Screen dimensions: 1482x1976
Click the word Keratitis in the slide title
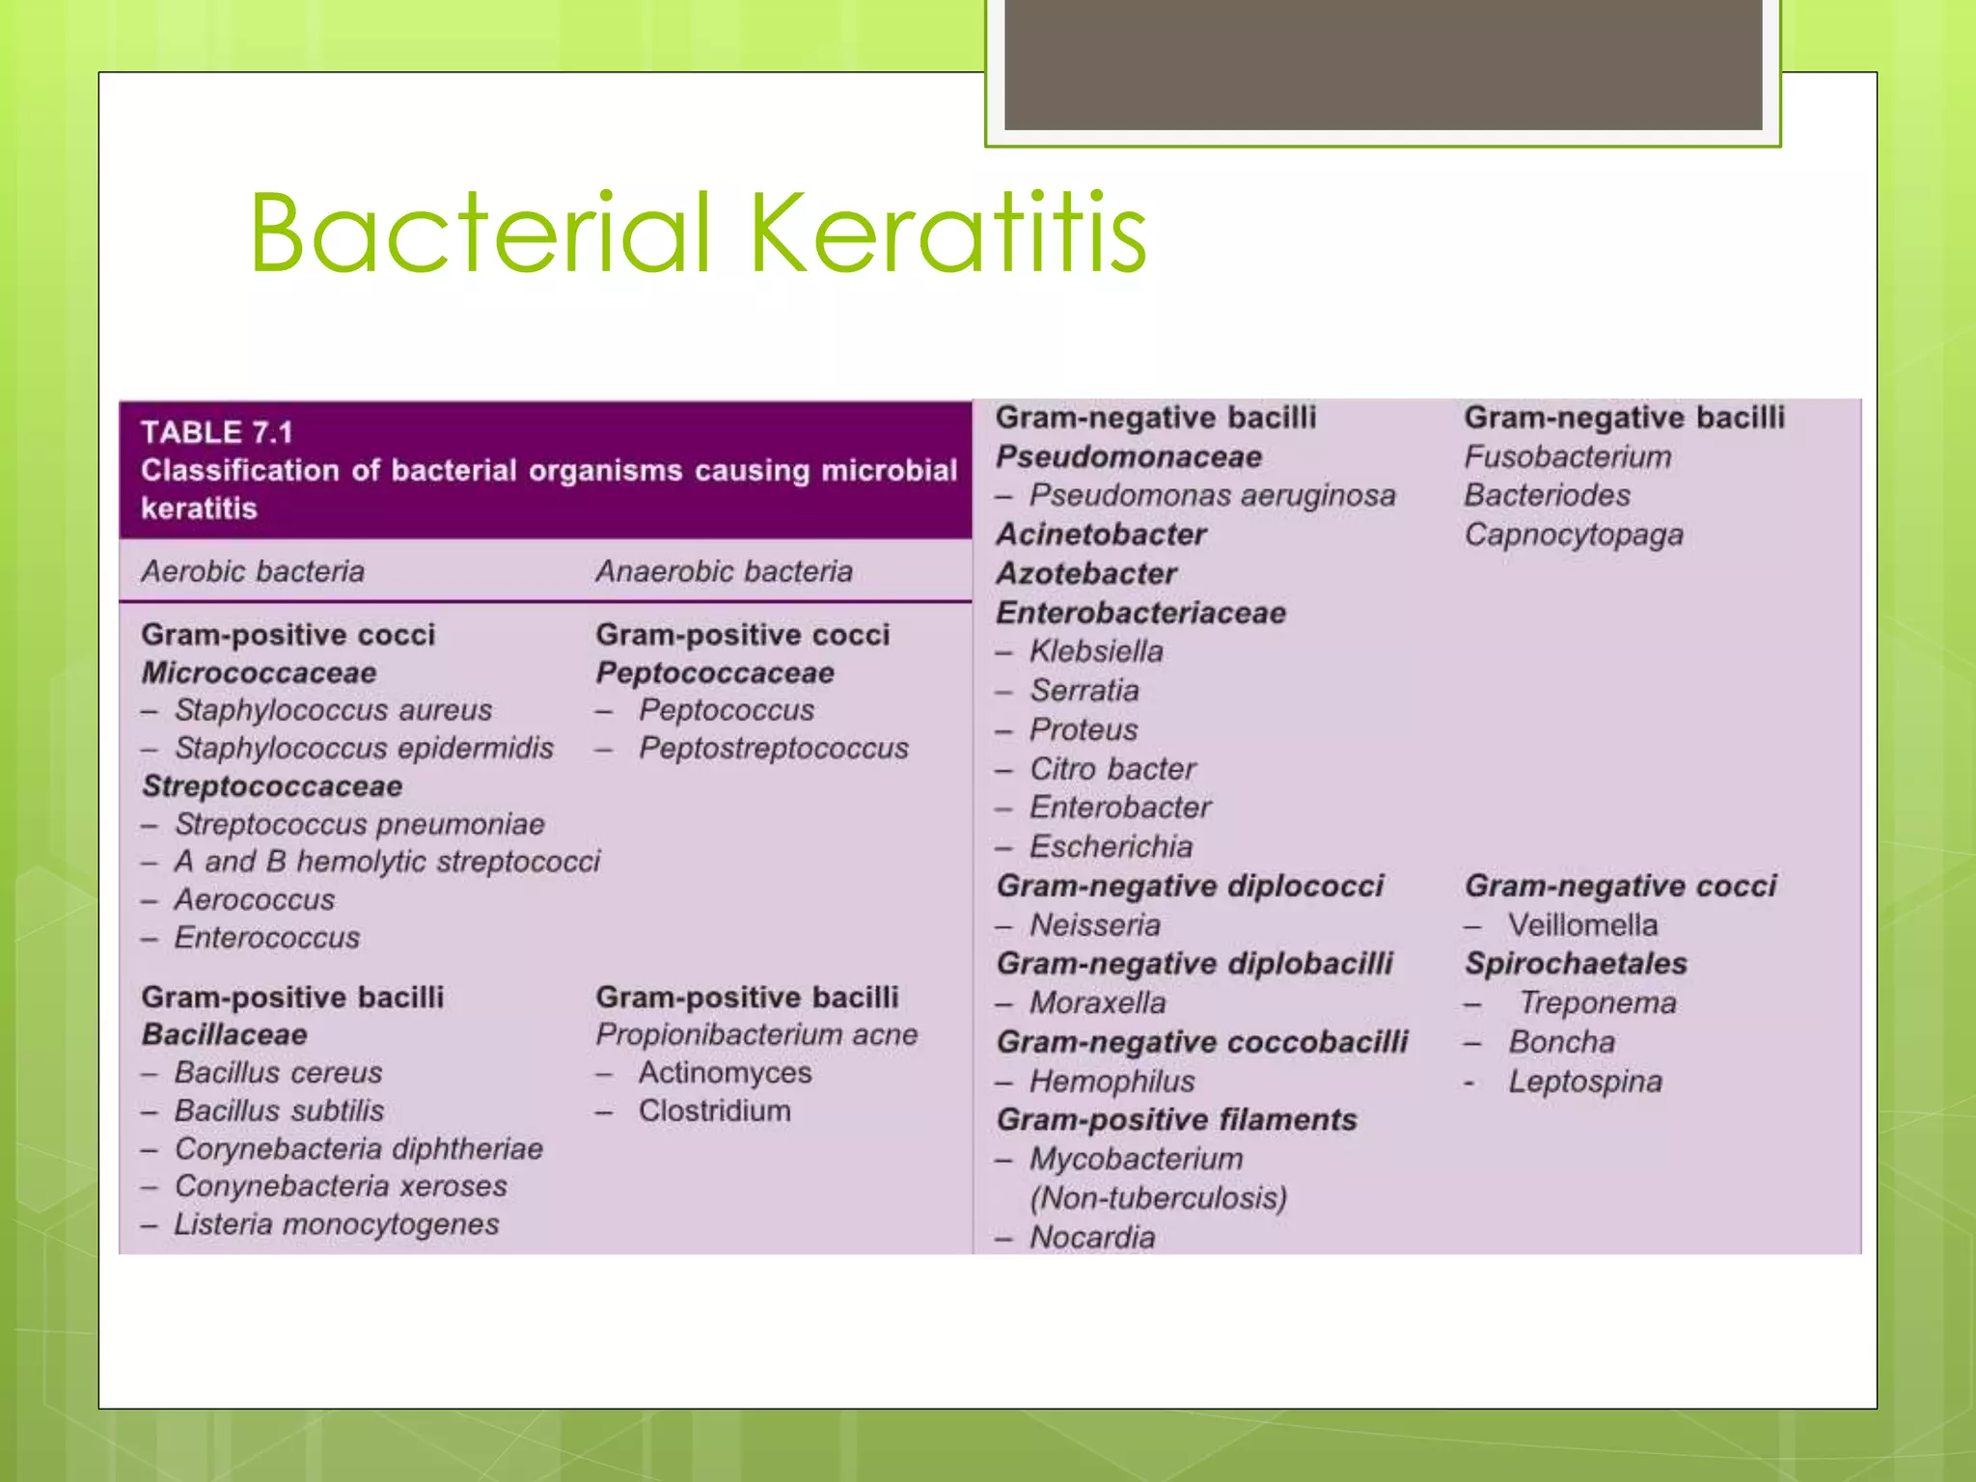point(947,233)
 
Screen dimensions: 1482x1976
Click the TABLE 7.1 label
point(216,432)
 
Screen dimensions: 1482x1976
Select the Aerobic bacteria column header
point(253,571)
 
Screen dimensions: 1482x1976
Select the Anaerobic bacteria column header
point(724,571)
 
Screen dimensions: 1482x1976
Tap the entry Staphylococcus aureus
point(333,710)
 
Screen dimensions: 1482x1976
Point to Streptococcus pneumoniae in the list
point(359,824)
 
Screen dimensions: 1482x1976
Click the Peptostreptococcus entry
point(773,748)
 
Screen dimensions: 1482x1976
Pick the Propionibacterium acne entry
point(756,1034)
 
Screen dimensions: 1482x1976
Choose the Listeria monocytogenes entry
point(336,1224)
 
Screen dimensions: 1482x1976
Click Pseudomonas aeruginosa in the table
point(1212,495)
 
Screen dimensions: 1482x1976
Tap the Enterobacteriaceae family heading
point(1140,613)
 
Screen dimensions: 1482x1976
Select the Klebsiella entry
point(1096,651)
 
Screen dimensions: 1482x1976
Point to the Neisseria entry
point(1094,924)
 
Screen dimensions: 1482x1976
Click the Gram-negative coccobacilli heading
point(1202,1042)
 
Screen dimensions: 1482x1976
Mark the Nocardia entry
point(1091,1237)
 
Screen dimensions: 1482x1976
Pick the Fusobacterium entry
point(1567,456)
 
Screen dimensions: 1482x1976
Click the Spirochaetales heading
point(1576,963)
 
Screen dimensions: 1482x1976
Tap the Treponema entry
point(1597,1002)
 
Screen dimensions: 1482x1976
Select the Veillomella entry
point(1582,924)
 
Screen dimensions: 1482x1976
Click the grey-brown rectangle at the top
point(1383,64)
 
